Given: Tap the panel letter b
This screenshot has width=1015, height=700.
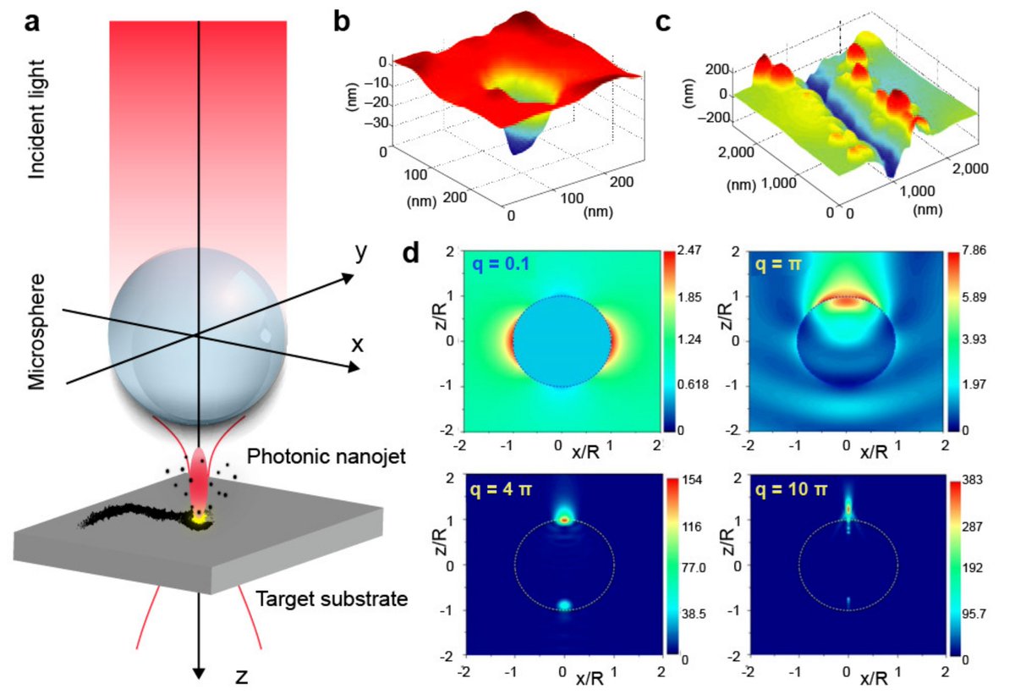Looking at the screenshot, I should click(x=342, y=22).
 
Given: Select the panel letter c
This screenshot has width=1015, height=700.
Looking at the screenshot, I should click(x=664, y=22).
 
